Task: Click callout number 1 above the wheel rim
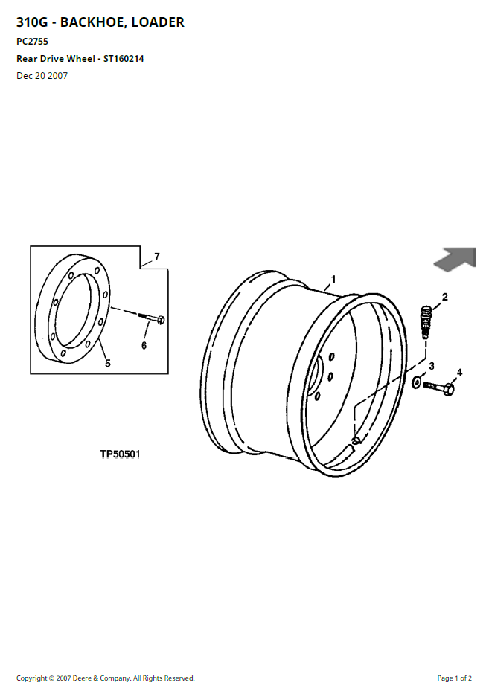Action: (x=333, y=279)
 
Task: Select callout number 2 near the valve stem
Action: (x=445, y=297)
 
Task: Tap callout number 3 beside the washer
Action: (x=432, y=366)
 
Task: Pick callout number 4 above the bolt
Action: (x=459, y=373)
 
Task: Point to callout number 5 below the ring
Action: (x=108, y=364)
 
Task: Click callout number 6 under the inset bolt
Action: (x=144, y=345)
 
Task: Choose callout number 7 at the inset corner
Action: (x=157, y=257)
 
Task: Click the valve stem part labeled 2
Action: (x=425, y=321)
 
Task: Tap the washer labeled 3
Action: (x=417, y=382)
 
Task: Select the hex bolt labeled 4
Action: (x=439, y=388)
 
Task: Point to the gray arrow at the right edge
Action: (x=455, y=258)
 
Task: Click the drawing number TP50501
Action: (x=120, y=454)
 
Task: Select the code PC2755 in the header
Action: (x=32, y=42)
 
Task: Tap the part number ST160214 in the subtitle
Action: (x=124, y=59)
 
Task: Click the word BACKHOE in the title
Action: (x=89, y=22)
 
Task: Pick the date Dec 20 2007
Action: (x=42, y=76)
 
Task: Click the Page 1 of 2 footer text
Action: (x=454, y=678)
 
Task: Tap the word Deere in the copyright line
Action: (x=82, y=678)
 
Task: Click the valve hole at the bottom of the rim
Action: (x=356, y=440)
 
